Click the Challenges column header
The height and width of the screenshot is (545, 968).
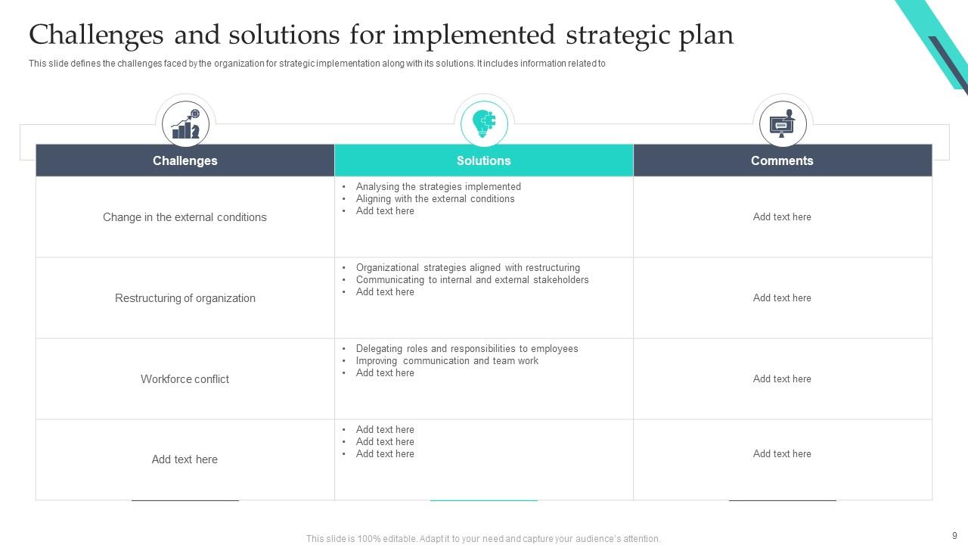(185, 160)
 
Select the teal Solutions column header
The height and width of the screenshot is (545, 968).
(483, 160)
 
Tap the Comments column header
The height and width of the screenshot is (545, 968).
(782, 160)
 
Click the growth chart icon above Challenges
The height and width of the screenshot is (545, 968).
(185, 124)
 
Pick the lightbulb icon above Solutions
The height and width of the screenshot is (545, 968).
(484, 123)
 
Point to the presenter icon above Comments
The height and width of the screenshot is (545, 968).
(783, 124)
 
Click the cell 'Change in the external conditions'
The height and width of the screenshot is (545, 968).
(185, 217)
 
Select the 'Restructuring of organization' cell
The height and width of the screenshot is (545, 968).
(185, 298)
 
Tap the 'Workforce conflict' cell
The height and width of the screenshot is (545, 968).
(185, 379)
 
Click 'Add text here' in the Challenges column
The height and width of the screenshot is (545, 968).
(185, 459)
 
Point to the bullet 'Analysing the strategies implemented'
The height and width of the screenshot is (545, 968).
(438, 187)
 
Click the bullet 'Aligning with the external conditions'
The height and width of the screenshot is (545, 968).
(435, 199)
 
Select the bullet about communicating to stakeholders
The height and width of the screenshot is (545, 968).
(472, 280)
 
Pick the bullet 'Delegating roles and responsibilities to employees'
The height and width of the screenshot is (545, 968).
(467, 349)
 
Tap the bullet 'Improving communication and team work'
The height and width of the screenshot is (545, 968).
(447, 361)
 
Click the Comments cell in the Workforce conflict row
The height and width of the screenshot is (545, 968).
(782, 379)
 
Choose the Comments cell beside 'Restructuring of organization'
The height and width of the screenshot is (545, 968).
(782, 298)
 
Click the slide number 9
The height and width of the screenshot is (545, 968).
(954, 535)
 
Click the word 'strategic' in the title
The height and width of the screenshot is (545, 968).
(612, 36)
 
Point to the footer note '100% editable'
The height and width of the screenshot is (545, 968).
(482, 539)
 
